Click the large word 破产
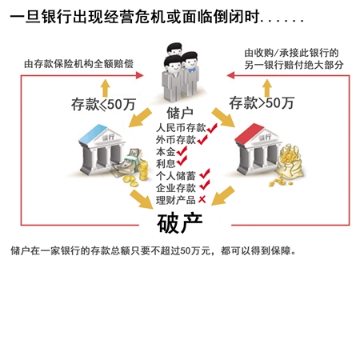click(x=179, y=223)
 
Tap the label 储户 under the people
click(x=180, y=113)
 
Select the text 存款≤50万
click(x=103, y=104)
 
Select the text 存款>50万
click(x=262, y=103)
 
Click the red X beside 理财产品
click(x=202, y=199)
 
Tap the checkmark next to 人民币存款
click(x=212, y=128)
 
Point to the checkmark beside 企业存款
click(x=205, y=185)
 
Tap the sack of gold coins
click(x=290, y=162)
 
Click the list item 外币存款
click(x=176, y=140)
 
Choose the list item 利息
click(x=166, y=163)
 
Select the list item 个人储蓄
click(x=176, y=176)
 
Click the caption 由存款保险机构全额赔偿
click(x=78, y=64)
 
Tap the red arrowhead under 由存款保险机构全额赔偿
click(x=139, y=75)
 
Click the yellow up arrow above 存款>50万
click(x=267, y=88)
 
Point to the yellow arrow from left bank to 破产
click(x=142, y=199)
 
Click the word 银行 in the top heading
click(x=57, y=17)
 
